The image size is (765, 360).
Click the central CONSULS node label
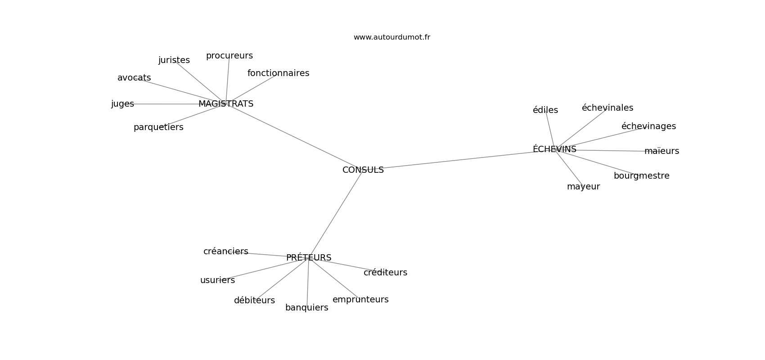[363, 170]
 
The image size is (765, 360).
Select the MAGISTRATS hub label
[226, 104]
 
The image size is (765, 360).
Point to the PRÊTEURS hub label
[309, 257]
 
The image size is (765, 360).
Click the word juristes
[174, 60]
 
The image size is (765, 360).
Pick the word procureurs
[229, 56]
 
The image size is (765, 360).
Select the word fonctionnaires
[279, 73]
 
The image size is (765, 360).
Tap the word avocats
[134, 78]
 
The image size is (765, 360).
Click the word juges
[122, 104]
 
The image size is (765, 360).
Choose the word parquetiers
[158, 127]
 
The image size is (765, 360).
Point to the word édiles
[545, 110]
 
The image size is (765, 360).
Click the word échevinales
[607, 108]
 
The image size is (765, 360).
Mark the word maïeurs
[662, 151]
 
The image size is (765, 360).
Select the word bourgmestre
[642, 176]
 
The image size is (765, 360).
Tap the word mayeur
[583, 187]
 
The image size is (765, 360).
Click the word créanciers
[226, 252]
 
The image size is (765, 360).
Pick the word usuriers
[217, 280]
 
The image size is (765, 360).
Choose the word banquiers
[307, 308]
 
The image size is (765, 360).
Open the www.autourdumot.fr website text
[391, 37]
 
